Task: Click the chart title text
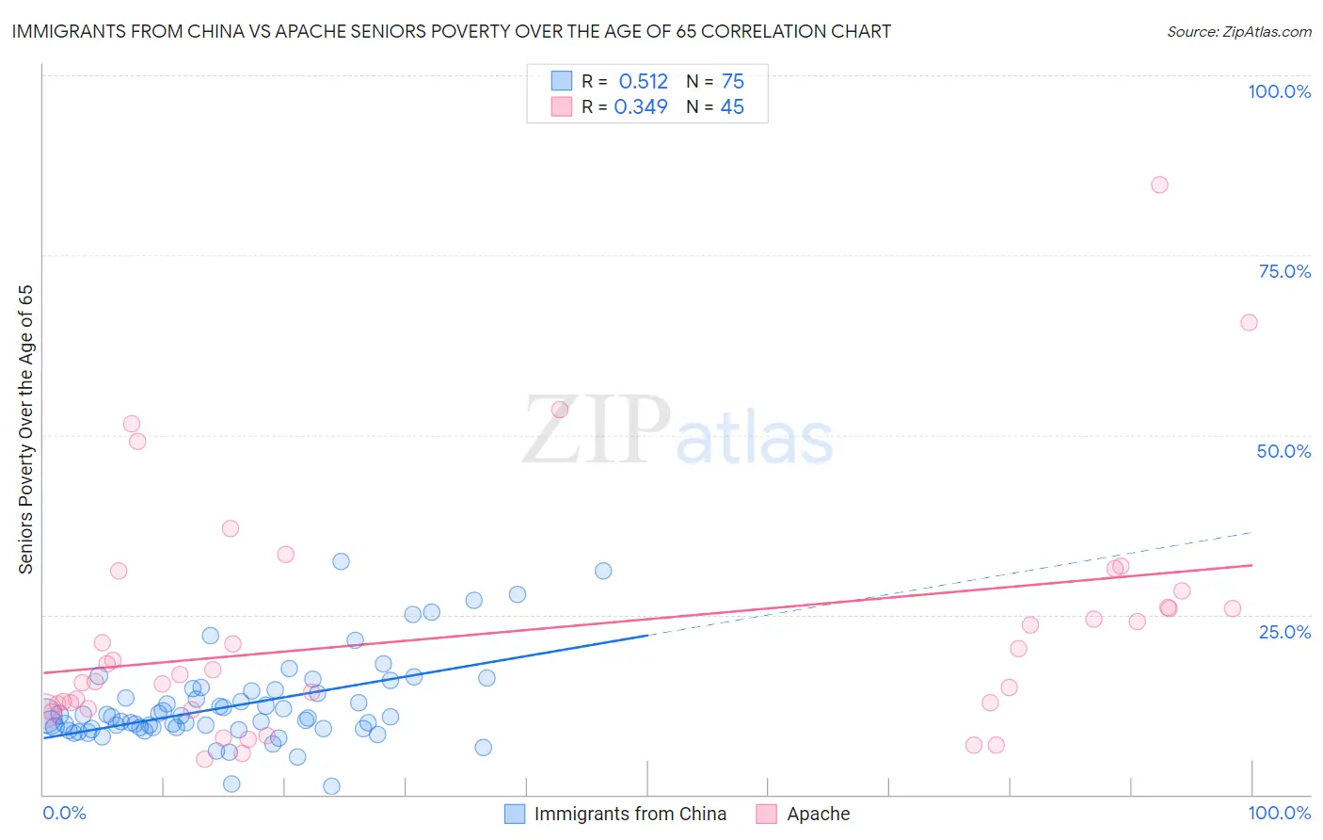point(451,31)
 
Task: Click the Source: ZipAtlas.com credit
point(1238,31)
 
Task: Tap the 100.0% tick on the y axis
point(1279,91)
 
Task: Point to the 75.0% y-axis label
point(1284,271)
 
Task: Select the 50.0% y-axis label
point(1283,451)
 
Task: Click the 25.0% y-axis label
point(1284,632)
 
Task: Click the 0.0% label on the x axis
point(65,813)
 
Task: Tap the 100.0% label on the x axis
point(1279,813)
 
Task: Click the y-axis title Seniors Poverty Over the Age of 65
point(25,428)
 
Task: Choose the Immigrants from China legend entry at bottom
point(630,814)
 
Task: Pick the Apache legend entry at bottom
point(818,814)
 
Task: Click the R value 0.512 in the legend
point(643,81)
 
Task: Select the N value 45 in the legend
point(732,106)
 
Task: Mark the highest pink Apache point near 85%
point(1159,185)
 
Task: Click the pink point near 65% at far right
point(1249,322)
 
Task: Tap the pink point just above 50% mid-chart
point(560,410)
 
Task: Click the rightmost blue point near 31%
point(603,571)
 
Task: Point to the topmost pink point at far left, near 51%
point(132,424)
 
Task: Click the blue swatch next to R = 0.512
point(562,81)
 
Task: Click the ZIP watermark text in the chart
point(597,430)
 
